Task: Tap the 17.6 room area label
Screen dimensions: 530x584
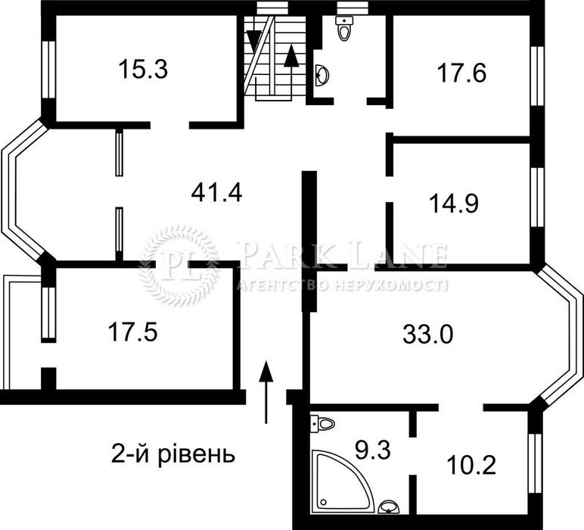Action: click(x=461, y=73)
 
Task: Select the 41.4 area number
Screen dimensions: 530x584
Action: click(x=216, y=194)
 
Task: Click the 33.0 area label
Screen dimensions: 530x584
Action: click(x=427, y=333)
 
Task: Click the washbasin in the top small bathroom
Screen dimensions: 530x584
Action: click(x=322, y=75)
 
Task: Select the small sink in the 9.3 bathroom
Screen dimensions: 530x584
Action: click(x=387, y=507)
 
